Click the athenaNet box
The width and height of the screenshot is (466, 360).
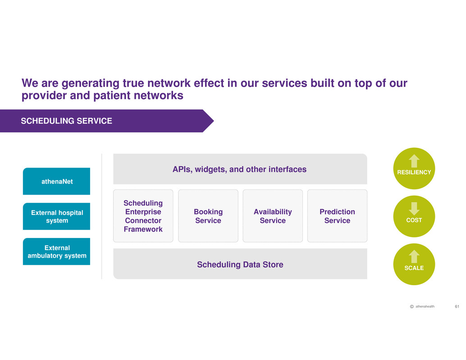[x=56, y=181]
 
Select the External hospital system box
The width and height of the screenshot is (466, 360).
[x=56, y=216]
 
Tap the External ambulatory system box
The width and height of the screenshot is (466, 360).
[x=56, y=251]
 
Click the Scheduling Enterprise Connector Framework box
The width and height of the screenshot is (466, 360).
[x=143, y=216]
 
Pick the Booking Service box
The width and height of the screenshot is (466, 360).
[x=208, y=216]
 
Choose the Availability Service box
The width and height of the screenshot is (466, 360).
[x=273, y=216]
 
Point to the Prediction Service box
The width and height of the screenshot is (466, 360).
[x=337, y=216]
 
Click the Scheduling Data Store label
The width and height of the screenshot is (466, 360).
[x=240, y=264]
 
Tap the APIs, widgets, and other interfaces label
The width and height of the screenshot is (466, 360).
[x=239, y=169]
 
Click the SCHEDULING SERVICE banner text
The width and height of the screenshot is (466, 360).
[x=67, y=121]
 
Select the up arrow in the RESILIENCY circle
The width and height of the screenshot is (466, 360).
[x=414, y=161]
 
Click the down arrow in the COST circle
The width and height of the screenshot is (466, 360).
[x=414, y=209]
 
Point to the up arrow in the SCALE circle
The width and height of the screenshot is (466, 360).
[x=414, y=256]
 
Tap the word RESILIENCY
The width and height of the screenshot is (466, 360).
[x=414, y=172]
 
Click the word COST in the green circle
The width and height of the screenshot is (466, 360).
[x=414, y=220]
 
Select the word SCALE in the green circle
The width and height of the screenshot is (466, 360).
[x=414, y=268]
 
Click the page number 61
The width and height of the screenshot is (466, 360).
[x=457, y=307]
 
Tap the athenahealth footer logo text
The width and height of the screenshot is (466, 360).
[x=425, y=307]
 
